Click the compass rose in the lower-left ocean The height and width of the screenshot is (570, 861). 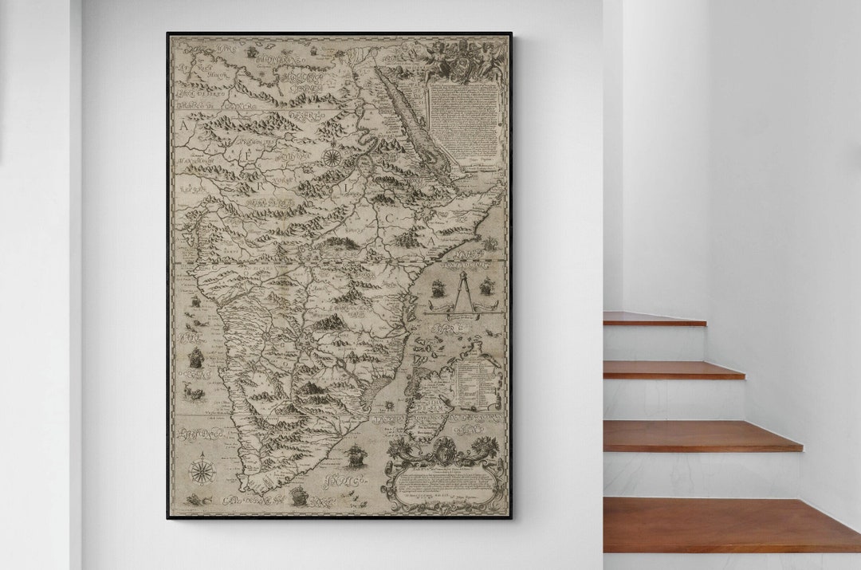(x=202, y=469)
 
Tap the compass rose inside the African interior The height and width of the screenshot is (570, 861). (x=331, y=156)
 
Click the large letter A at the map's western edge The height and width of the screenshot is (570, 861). (x=185, y=125)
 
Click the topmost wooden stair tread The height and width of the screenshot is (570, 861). (x=654, y=319)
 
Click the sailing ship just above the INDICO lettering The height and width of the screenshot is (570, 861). (x=354, y=456)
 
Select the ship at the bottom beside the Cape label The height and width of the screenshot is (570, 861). (x=300, y=496)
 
